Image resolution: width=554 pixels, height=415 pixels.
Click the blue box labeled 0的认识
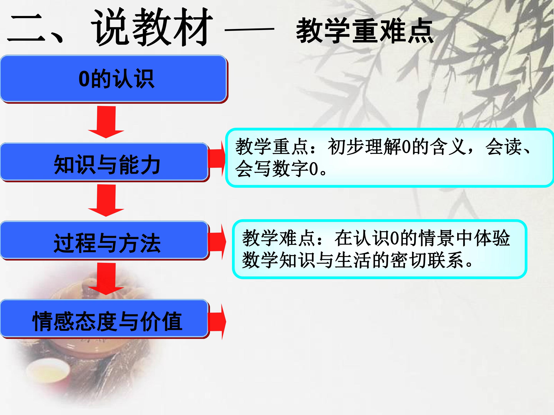coord(114,79)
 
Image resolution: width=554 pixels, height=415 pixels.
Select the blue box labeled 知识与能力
coord(105,162)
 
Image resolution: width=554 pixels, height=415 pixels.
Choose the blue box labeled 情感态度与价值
coord(105,319)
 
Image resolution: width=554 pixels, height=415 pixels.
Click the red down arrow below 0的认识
coord(106,122)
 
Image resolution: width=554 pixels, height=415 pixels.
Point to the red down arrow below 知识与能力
coord(106,200)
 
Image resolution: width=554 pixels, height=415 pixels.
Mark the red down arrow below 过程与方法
coord(106,279)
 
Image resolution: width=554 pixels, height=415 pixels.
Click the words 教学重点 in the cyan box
coord(272,147)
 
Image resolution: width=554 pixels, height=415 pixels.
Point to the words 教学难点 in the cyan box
coord(279,238)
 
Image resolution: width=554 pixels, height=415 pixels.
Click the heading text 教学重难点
coord(365,31)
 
